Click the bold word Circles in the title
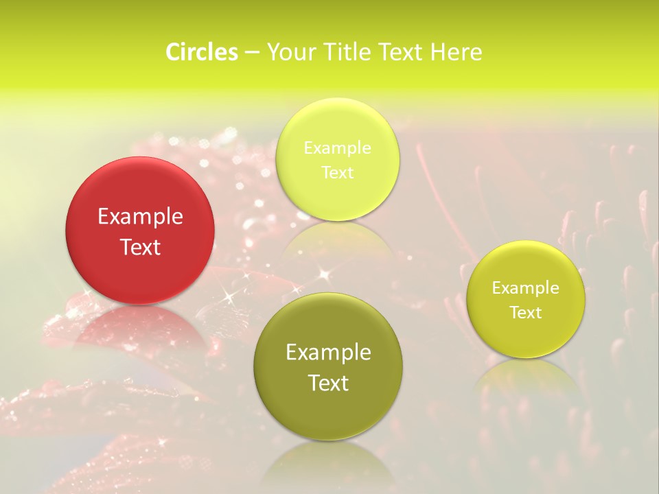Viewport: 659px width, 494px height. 201,52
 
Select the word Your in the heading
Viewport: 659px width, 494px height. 288,52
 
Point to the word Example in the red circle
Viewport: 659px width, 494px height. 140,217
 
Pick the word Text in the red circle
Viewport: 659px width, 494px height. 140,248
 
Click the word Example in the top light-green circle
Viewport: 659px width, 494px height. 337,148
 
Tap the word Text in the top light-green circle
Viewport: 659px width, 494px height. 337,173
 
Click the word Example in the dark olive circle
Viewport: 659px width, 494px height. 328,353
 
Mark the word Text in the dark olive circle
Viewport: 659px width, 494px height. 328,383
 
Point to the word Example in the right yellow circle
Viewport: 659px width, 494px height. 526,288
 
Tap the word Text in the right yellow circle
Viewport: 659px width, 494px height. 526,313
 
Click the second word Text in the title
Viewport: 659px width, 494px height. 399,52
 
